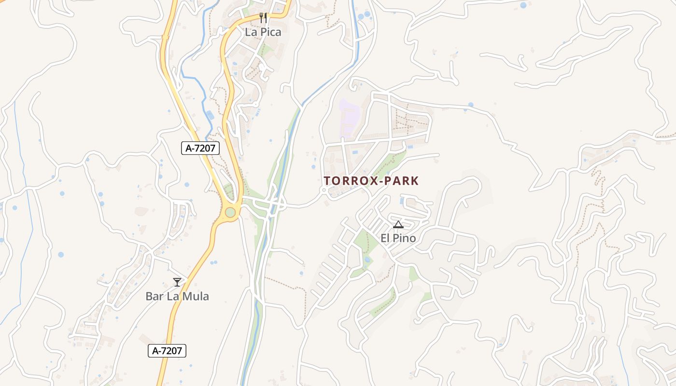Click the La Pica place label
(x=263, y=32)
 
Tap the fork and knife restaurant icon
(x=263, y=18)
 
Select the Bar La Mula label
(x=177, y=296)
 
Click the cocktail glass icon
(x=177, y=282)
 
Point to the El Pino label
(x=398, y=238)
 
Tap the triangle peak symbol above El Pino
(x=398, y=224)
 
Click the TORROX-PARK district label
(x=371, y=181)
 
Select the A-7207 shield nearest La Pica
(x=200, y=149)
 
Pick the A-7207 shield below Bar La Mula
(x=167, y=351)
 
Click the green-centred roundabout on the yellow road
(x=230, y=212)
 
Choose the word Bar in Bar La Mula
(x=155, y=296)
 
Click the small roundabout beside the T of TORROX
(x=324, y=191)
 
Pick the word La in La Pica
(x=251, y=32)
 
